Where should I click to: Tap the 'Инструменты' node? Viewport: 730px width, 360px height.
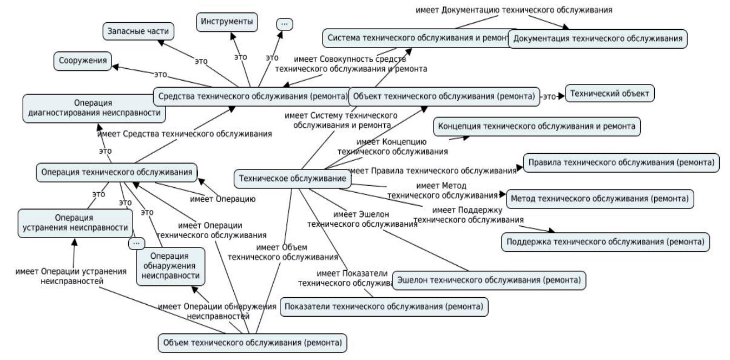click(x=227, y=22)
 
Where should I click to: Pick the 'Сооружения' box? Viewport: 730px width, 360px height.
click(x=82, y=61)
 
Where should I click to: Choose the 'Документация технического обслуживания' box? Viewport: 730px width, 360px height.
click(x=598, y=39)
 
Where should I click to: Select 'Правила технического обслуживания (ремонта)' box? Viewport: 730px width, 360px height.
click(x=621, y=162)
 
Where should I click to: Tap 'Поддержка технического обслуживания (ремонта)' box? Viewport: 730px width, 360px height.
click(x=605, y=241)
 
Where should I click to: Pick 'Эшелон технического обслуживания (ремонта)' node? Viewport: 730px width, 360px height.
click(x=489, y=280)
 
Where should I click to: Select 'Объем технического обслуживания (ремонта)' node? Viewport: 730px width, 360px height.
click(x=252, y=343)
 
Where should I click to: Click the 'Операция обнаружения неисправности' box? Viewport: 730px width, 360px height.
click(x=170, y=266)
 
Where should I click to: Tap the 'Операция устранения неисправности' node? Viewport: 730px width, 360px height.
click(x=75, y=222)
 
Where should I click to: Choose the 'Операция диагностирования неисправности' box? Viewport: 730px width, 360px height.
click(x=94, y=108)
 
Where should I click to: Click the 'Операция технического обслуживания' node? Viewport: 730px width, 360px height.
click(x=116, y=173)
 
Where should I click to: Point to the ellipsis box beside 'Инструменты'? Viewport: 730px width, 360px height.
click(x=285, y=24)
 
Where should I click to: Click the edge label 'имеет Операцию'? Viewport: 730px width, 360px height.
click(x=222, y=199)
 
